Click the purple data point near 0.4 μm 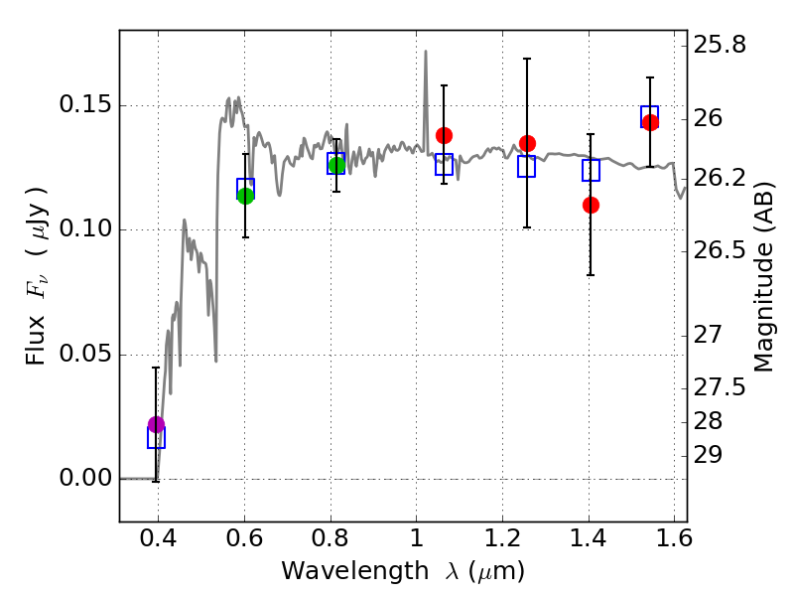tap(156, 425)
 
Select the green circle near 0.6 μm tap(245, 196)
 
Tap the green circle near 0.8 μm tap(336, 165)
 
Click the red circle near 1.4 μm tap(591, 205)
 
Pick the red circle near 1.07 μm tap(444, 135)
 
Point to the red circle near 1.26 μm tap(527, 144)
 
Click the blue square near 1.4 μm tap(591, 170)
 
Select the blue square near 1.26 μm tap(526, 166)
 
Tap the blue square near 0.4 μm tap(156, 438)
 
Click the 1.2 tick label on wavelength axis tap(502, 540)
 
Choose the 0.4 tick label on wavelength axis tap(158, 540)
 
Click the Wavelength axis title tap(403, 571)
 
